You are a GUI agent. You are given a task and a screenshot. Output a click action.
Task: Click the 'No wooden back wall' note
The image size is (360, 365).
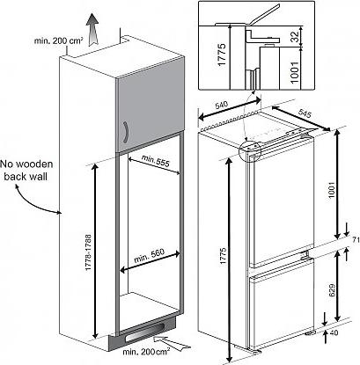(26, 170)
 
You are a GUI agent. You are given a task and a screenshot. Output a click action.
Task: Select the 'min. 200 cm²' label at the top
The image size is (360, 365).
(58, 40)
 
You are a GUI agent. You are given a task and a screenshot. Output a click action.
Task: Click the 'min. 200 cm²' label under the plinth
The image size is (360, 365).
(146, 352)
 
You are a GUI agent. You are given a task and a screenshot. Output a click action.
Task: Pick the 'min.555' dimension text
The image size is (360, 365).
(156, 161)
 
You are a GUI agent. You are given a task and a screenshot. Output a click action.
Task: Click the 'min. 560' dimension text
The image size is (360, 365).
(150, 256)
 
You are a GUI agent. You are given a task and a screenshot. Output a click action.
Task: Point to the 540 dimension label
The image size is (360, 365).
(223, 105)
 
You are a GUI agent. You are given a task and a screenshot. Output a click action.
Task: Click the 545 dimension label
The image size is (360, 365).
(305, 113)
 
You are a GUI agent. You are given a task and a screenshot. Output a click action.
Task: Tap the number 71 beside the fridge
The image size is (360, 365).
(356, 241)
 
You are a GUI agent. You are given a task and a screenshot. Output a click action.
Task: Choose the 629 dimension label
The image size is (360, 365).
(332, 290)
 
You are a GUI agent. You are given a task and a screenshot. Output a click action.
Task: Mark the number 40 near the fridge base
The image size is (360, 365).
(334, 333)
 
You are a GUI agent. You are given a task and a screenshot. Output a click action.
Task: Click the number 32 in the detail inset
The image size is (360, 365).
(296, 36)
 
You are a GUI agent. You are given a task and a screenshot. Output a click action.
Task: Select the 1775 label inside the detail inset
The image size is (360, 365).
(222, 55)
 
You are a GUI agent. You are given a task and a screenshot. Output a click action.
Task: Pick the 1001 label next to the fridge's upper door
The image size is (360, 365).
(332, 190)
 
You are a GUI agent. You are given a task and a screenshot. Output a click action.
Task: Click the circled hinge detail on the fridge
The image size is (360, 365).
(250, 151)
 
